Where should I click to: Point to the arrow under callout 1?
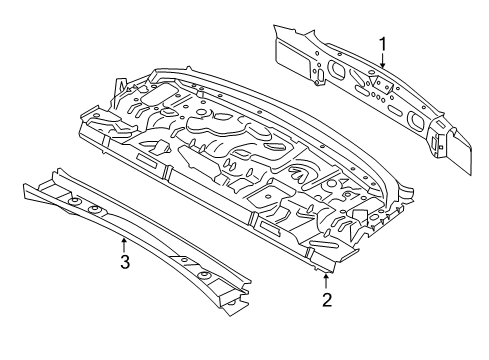point(383,61)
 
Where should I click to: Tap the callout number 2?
point(327,300)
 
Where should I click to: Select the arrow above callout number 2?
point(326,281)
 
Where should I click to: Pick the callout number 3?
point(125,262)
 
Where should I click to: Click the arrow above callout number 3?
point(124,244)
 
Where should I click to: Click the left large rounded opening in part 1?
point(336,70)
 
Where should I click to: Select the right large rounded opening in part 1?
point(415,120)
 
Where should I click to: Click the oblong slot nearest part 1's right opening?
point(396,110)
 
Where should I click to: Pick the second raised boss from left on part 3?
point(95,210)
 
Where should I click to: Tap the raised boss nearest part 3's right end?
point(204,276)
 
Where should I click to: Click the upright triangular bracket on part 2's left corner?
point(120,91)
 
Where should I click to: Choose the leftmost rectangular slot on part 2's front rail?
point(147,160)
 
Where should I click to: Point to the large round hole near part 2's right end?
point(375,217)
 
